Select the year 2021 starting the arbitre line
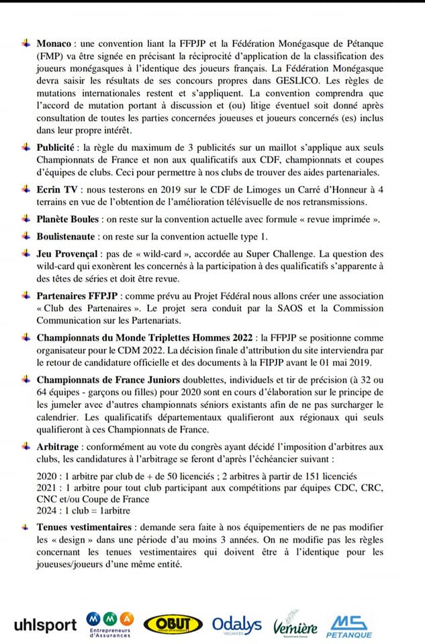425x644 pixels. click(48, 487)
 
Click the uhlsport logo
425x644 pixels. click(45, 625)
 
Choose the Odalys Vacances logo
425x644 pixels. click(237, 625)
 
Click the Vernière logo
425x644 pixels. click(294, 623)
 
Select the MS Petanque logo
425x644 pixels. click(348, 625)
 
